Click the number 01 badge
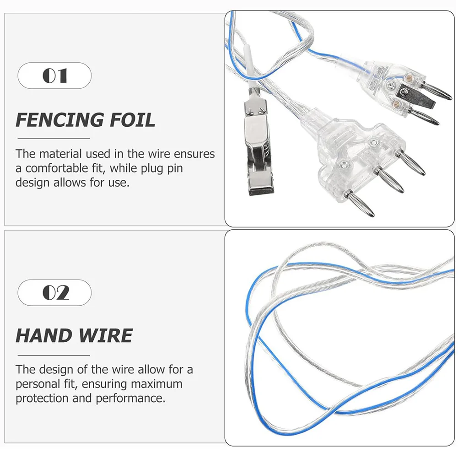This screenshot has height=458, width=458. click(54, 75)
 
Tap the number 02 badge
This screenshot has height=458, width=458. click(54, 292)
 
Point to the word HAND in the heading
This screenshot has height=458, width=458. click(43, 336)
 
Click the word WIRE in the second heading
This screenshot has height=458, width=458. click(104, 336)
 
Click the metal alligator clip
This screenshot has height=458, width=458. click(259, 151)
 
